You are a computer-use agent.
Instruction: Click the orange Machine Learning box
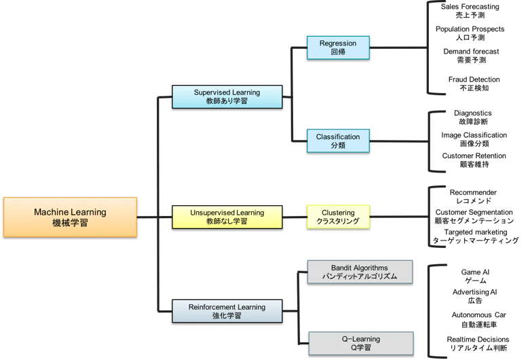(x=70, y=217)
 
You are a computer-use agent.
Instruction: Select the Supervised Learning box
(x=227, y=96)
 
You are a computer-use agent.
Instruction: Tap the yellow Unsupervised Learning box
(x=227, y=217)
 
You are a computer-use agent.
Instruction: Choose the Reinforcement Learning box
(x=227, y=311)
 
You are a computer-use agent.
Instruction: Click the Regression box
(x=338, y=48)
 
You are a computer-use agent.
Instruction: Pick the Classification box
(x=338, y=141)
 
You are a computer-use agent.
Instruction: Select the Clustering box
(x=338, y=217)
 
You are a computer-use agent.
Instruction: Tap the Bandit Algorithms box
(x=360, y=272)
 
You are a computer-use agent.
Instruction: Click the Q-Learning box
(x=361, y=343)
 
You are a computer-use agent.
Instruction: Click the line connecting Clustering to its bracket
(x=399, y=217)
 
